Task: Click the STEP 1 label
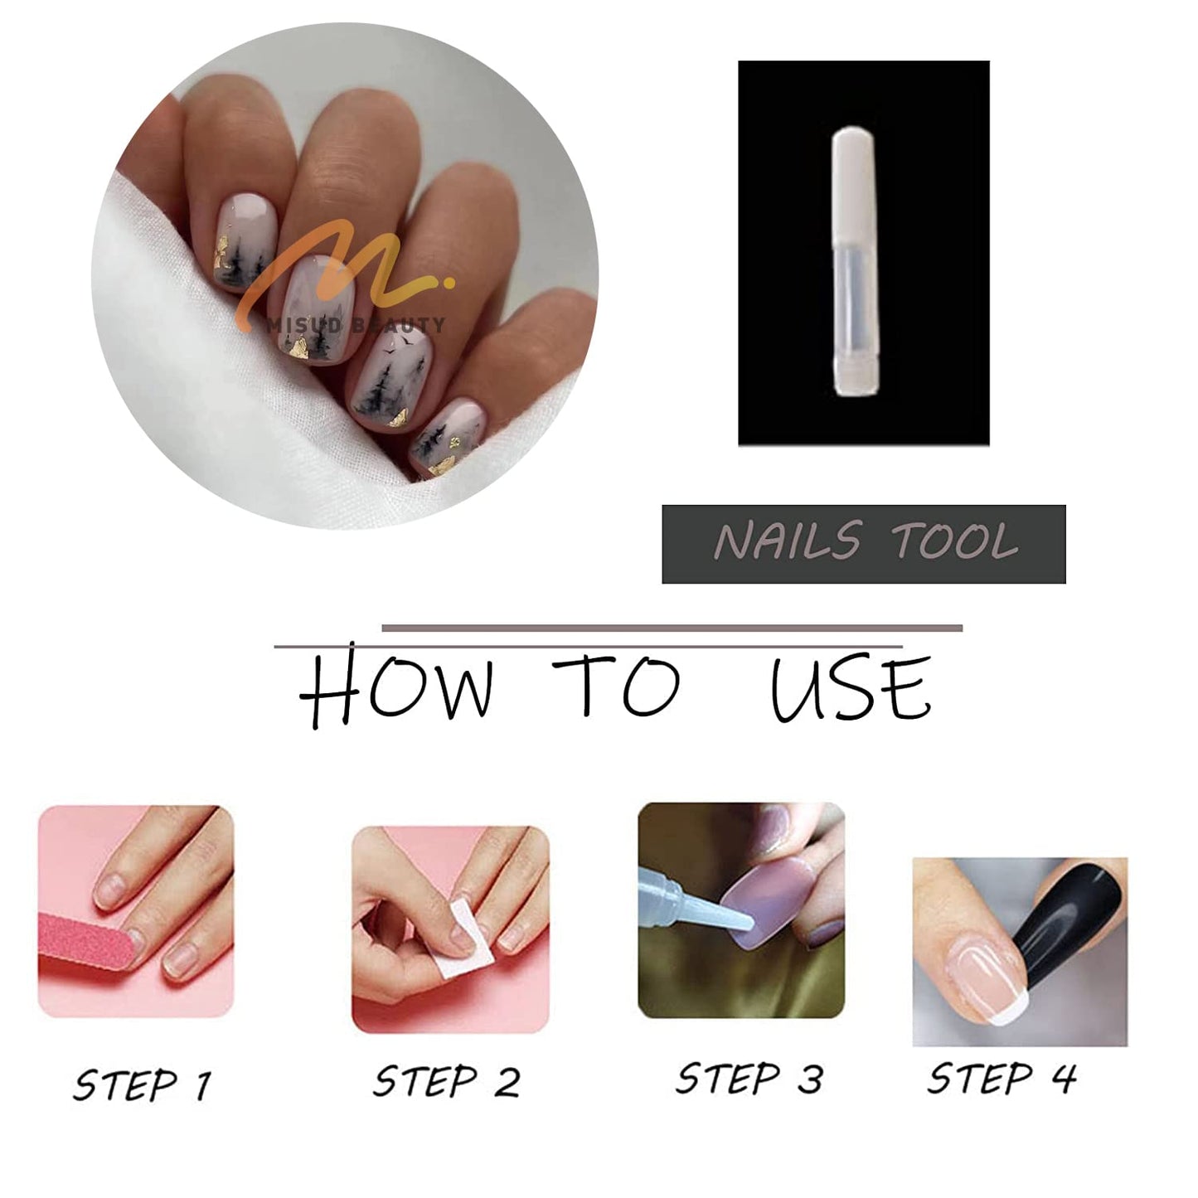click(142, 1084)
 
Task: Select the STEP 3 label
click(749, 1079)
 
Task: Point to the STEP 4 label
click(1001, 1079)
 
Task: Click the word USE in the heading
click(850, 688)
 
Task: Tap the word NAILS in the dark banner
click(787, 542)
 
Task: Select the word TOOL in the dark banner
click(953, 542)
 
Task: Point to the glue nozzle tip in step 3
click(745, 921)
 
